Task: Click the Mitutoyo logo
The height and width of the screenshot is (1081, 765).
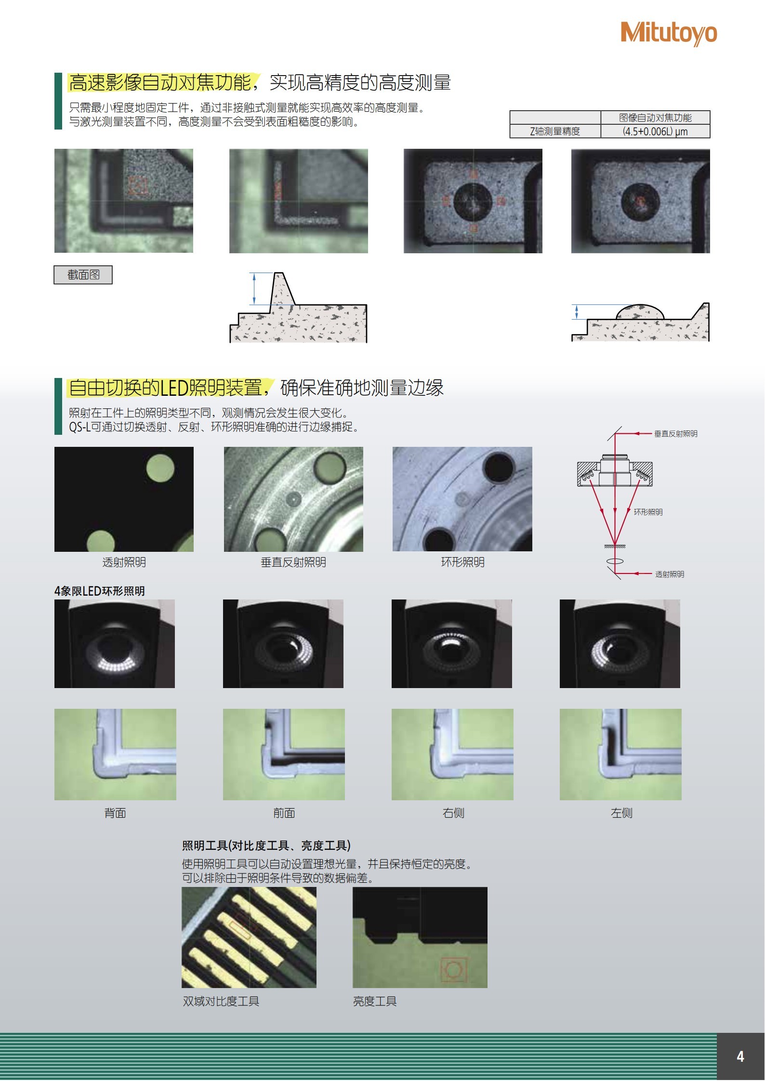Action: (669, 33)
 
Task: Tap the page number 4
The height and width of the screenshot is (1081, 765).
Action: (740, 1056)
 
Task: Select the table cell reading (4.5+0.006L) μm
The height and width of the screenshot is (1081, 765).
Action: (655, 131)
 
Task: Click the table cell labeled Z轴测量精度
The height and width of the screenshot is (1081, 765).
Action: (555, 131)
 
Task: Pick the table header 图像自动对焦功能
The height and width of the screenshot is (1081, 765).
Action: (655, 117)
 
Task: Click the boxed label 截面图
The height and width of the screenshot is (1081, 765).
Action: (83, 274)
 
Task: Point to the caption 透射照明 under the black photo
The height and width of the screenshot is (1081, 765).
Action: (124, 562)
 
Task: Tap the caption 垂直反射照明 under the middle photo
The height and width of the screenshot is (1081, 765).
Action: (293, 562)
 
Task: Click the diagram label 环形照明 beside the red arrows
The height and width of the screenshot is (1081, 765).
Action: (648, 512)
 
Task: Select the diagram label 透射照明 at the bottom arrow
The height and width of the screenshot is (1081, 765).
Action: (670, 574)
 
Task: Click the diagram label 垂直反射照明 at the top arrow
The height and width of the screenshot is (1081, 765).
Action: (675, 433)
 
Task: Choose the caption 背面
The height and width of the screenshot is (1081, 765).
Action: (115, 813)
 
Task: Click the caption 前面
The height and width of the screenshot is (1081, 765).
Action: (284, 813)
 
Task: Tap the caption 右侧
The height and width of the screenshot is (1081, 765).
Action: (453, 813)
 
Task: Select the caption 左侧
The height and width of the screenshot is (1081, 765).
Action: (621, 813)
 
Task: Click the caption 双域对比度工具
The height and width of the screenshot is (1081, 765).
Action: (221, 1001)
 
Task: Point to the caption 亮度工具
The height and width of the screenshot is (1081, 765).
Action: (375, 1001)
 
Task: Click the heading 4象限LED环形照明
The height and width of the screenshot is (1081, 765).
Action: (100, 591)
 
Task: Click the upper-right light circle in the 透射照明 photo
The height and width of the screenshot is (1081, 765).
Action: (160, 468)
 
